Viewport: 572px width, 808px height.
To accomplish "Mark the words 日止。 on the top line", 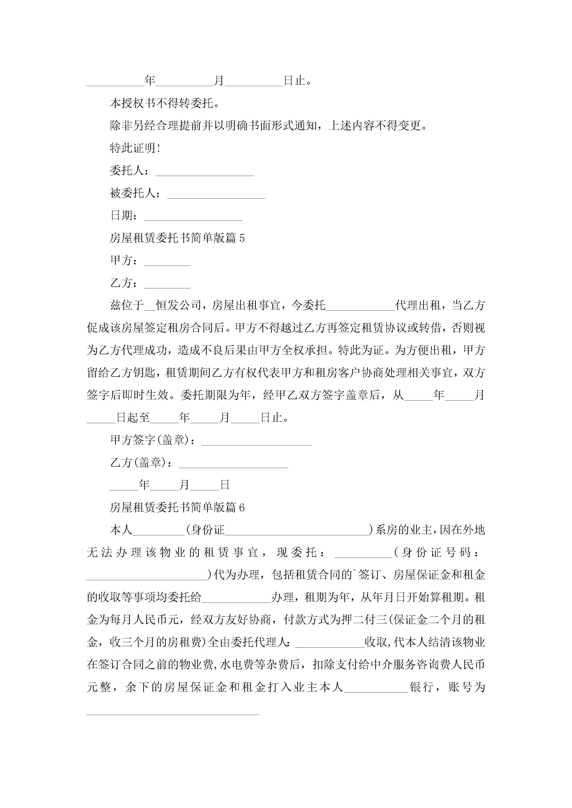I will [298, 81].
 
